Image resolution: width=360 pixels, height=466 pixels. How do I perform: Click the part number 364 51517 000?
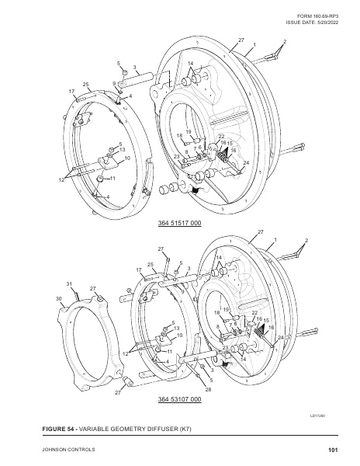tap(179, 223)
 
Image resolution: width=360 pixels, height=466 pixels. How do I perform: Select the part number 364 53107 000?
tap(179, 399)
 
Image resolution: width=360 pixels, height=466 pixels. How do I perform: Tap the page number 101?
tap(333, 450)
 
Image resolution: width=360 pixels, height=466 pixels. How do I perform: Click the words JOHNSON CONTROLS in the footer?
tap(68, 450)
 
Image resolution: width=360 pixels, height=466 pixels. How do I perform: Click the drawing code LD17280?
tap(317, 416)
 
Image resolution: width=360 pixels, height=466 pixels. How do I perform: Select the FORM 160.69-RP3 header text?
tap(317, 16)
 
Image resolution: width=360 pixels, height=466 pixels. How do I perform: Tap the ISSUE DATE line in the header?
tap(312, 23)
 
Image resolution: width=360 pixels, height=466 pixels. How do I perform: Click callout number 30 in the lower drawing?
tap(58, 298)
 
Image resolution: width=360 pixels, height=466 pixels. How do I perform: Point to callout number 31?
tap(69, 284)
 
